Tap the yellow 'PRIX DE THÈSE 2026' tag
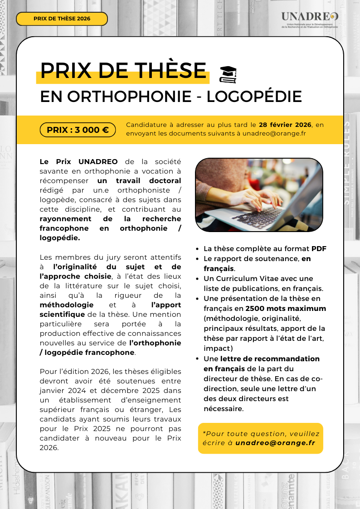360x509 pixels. (62, 19)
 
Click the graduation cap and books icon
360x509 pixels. (228, 75)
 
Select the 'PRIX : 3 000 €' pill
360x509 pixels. (78, 130)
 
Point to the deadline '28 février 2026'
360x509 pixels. (285, 125)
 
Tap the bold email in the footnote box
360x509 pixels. (275, 443)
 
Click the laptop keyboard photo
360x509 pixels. (258, 195)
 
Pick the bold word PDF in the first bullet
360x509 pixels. (319, 249)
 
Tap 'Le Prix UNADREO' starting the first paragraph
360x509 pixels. (78, 162)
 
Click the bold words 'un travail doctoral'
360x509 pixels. (139, 181)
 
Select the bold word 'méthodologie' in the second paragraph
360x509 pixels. (67, 305)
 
